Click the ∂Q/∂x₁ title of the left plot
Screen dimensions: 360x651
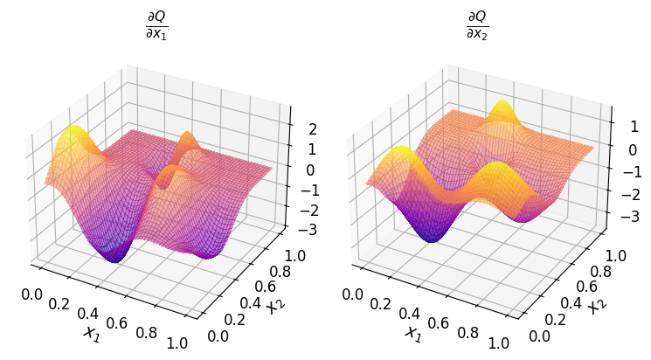click(x=156, y=26)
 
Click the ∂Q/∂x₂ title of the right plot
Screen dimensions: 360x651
click(x=477, y=26)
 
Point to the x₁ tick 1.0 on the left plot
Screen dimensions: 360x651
click(x=177, y=343)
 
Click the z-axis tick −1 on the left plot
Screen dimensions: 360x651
click(x=306, y=190)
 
